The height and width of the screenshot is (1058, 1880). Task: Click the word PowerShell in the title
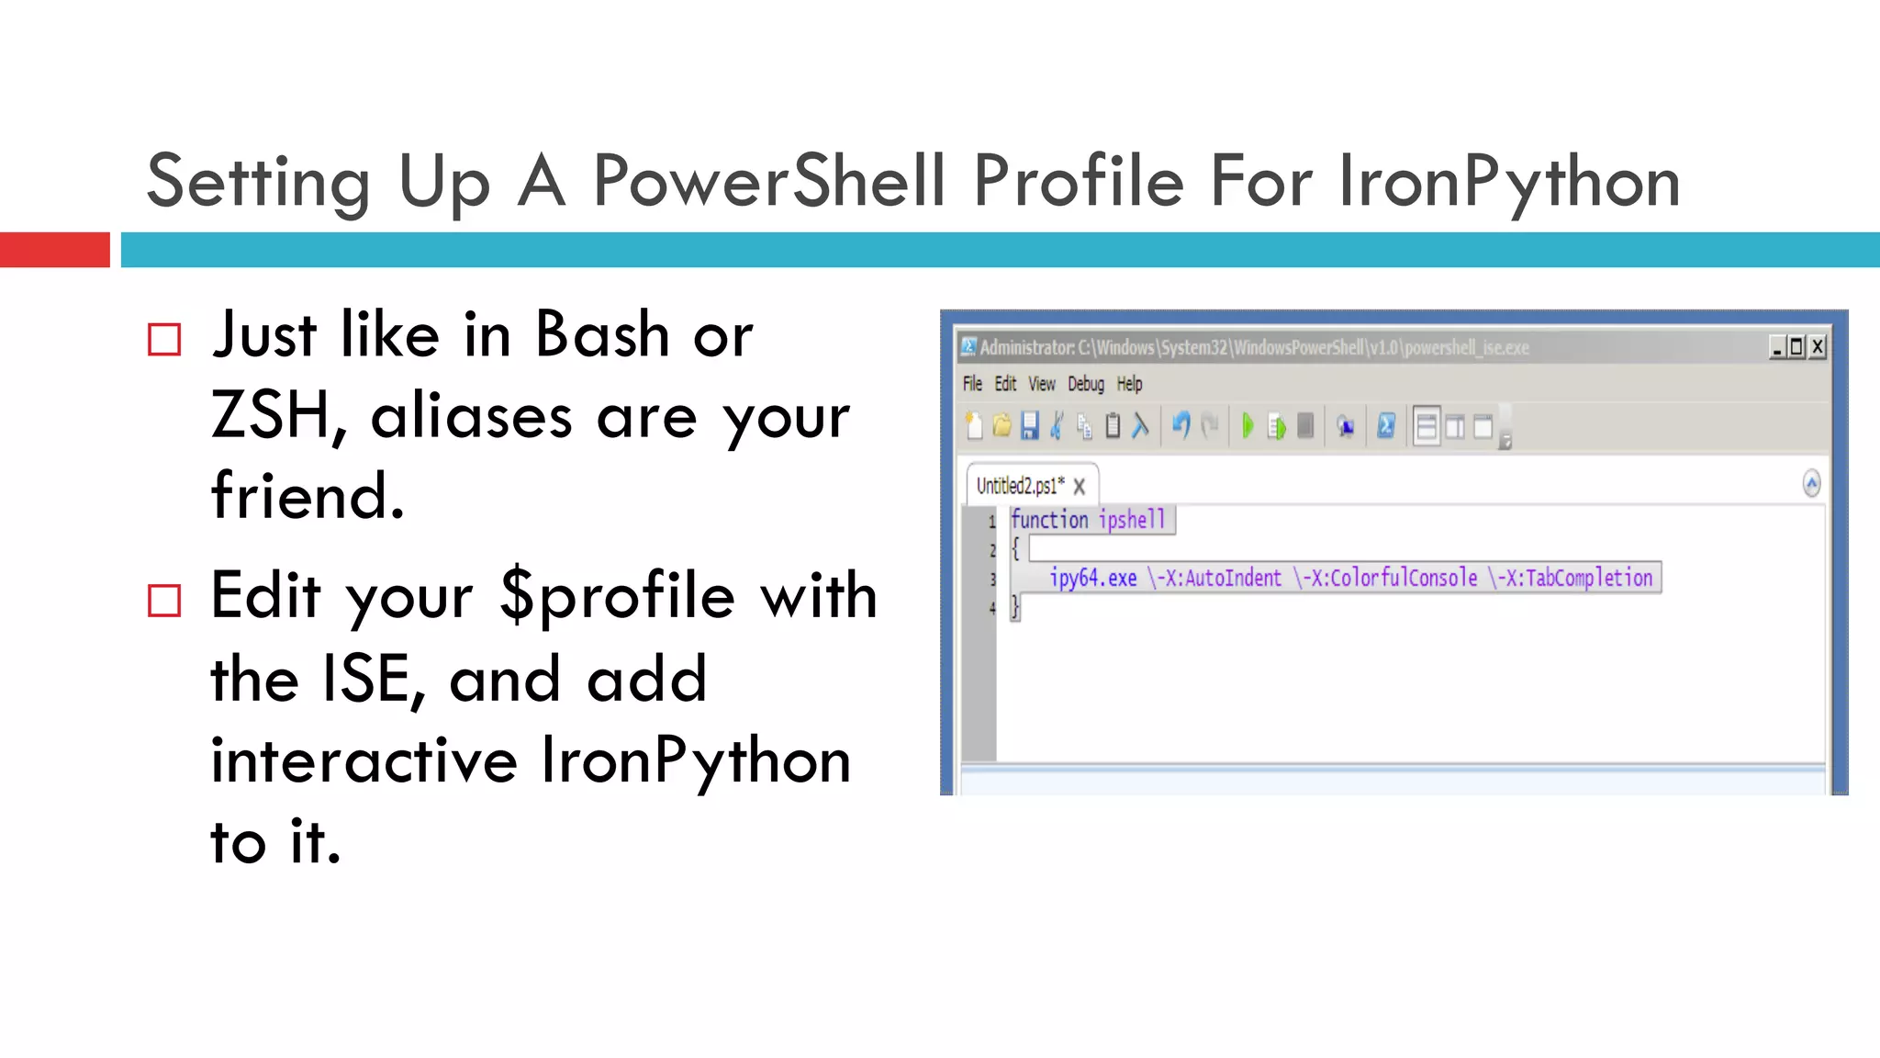769,181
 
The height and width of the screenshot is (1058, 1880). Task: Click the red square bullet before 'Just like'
164,339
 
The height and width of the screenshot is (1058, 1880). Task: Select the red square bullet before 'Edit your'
164,601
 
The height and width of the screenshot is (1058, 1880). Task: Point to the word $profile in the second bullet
618,597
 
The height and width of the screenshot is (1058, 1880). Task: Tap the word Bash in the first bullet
602,334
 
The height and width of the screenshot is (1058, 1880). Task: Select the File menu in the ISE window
972,384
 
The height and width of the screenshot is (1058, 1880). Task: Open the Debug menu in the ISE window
1085,384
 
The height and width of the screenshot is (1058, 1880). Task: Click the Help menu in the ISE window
1129,384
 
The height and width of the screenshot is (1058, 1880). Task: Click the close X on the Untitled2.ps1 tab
1080,487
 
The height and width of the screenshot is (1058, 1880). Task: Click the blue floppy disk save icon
1030,426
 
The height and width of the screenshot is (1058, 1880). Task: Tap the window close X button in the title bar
1818,347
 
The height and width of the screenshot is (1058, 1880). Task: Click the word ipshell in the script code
1132,520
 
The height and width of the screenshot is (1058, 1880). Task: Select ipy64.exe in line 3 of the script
1092,578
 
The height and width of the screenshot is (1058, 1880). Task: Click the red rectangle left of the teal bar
54,250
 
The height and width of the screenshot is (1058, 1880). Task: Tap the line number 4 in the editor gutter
992,608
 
